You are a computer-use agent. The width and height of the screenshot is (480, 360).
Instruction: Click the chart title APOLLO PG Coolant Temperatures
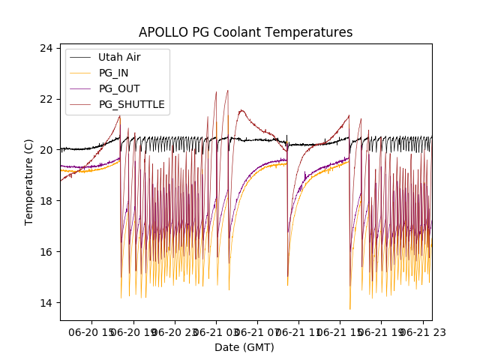[245, 33]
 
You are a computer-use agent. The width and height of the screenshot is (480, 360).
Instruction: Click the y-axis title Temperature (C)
[29, 182]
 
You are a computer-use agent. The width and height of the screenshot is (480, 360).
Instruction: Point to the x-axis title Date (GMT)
[244, 347]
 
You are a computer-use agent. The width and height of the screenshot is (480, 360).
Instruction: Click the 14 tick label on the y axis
[46, 302]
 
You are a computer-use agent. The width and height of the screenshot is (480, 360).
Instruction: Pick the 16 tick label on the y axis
[46, 252]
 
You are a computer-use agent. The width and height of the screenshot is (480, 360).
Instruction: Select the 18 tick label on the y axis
[46, 201]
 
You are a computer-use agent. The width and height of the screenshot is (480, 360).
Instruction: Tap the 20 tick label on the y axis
[46, 150]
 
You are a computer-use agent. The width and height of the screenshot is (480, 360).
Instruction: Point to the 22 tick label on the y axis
[46, 99]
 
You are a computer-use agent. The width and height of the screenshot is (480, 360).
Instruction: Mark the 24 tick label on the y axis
[46, 48]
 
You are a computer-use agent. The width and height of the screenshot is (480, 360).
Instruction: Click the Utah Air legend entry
[118, 57]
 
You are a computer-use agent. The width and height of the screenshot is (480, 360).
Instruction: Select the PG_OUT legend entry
[118, 88]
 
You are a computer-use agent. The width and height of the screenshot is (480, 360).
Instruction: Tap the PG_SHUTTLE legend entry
[131, 104]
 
